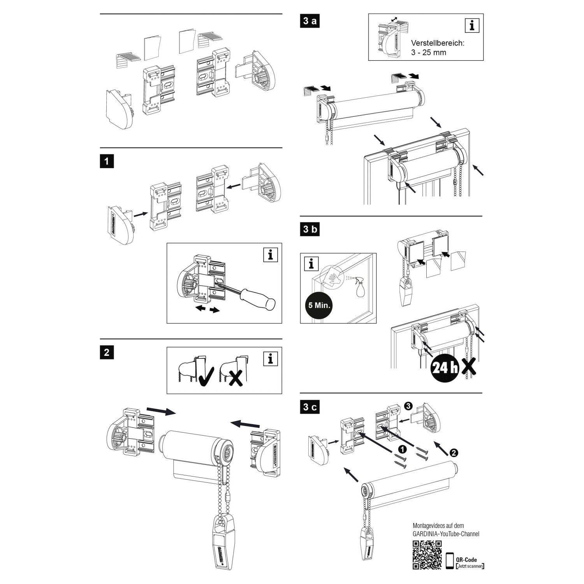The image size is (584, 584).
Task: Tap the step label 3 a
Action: coord(310,21)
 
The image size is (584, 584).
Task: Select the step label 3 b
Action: coord(310,229)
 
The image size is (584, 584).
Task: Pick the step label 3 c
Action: coord(310,407)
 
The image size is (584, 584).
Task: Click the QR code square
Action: coord(427,555)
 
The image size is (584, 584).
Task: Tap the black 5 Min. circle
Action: coord(319,305)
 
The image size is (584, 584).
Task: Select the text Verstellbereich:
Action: coord(438,43)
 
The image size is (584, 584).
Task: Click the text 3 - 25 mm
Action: coord(428,53)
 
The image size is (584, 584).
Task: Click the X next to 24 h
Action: coord(470,367)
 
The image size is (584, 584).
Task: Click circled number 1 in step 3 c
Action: coord(403,449)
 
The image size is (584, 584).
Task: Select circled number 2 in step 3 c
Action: coord(454,453)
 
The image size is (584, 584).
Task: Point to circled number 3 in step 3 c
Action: coord(408,406)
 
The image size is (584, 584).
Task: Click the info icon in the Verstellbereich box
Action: coord(472,26)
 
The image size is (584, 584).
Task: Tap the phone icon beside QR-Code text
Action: coord(450,561)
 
